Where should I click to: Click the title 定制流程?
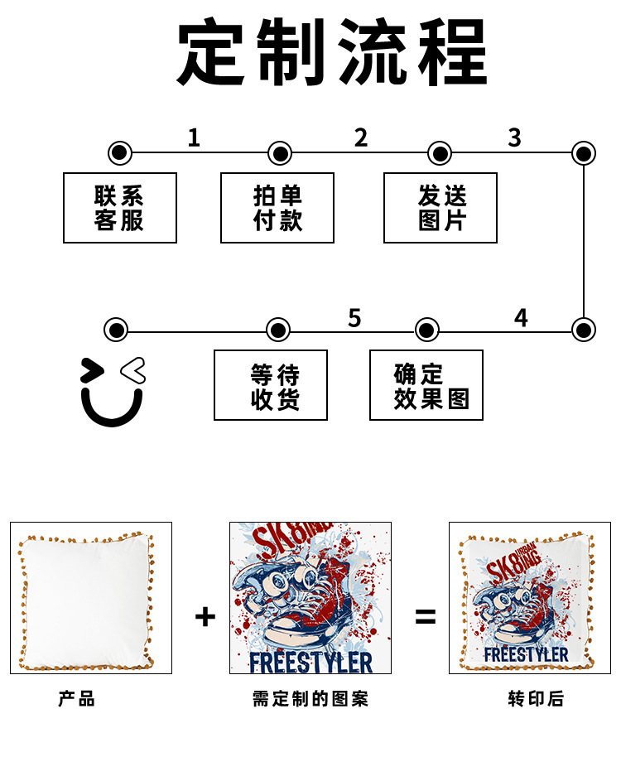point(332,51)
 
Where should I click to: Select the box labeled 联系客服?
point(120,208)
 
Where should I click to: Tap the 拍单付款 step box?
point(277,208)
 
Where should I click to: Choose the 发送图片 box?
point(440,208)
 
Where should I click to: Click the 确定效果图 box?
point(426,385)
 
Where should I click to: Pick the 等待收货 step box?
point(271,385)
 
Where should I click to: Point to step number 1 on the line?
point(194,137)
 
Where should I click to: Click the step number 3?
point(515,137)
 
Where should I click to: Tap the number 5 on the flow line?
point(354,318)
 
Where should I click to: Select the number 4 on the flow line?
point(521,318)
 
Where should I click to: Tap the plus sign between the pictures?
point(205,616)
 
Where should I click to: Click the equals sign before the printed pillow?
point(426,616)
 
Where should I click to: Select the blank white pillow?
point(87,601)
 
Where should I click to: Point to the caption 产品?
point(77,698)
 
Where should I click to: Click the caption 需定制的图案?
point(310,698)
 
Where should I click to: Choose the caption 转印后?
point(536,698)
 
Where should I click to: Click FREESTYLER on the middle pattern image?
point(311,663)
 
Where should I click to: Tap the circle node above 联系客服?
point(120,153)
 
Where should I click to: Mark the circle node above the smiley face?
point(116,330)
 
